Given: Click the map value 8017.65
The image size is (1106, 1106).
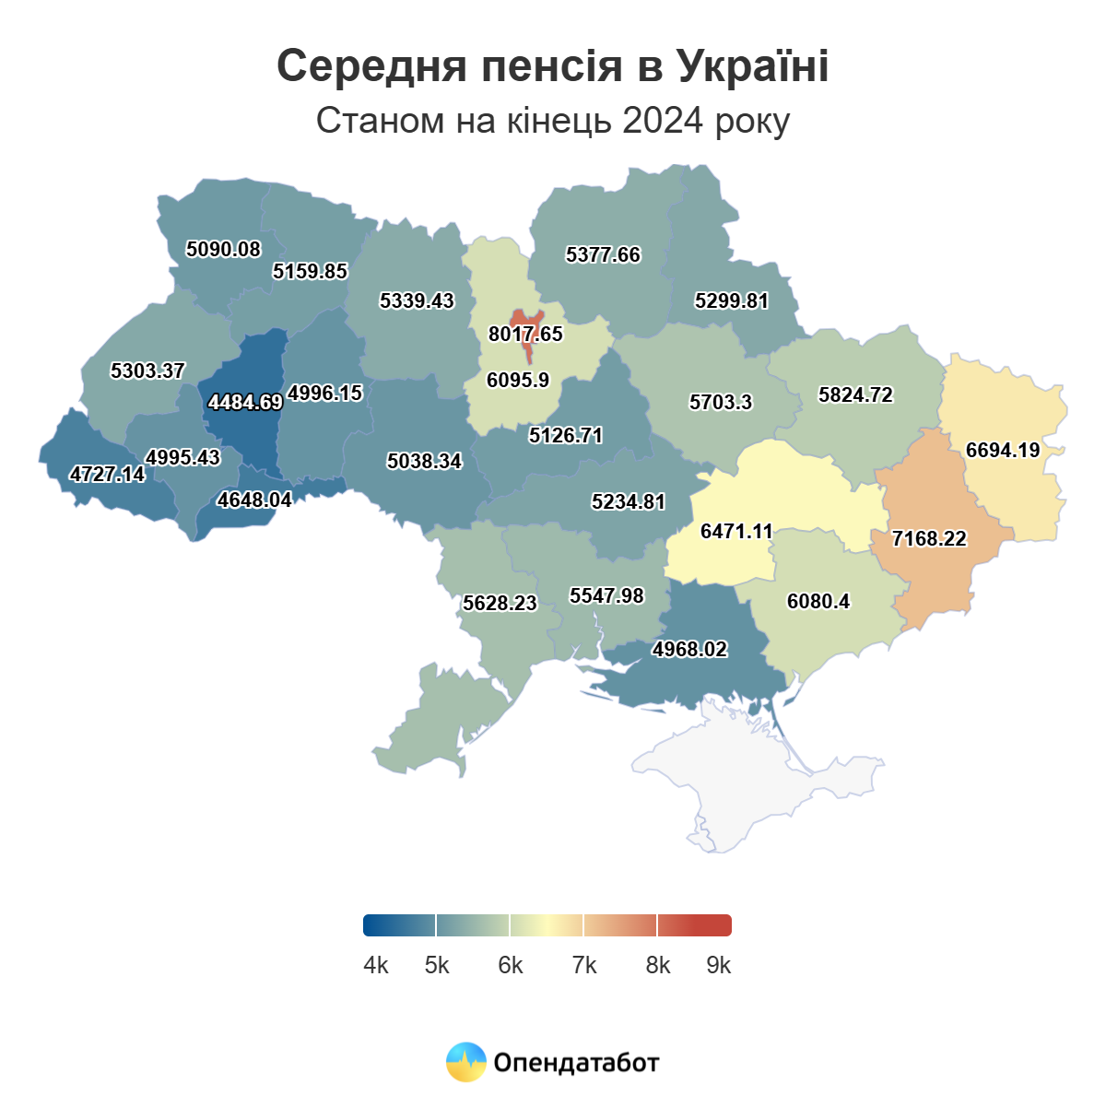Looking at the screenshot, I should (x=525, y=334).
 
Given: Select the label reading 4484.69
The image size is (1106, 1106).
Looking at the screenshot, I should (x=245, y=402).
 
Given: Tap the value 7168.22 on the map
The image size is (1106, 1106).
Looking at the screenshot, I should (x=929, y=538).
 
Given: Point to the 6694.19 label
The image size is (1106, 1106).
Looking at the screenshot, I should (x=1003, y=450).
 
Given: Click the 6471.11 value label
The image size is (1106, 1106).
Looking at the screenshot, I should (x=736, y=531).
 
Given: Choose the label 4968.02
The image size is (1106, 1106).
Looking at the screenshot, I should (x=689, y=649).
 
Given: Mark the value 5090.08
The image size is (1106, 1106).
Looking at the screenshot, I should (x=223, y=249).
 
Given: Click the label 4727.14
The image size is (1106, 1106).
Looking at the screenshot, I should (x=108, y=474).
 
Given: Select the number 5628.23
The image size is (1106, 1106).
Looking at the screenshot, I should (x=500, y=603).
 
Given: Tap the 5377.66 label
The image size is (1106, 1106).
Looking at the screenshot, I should (x=603, y=254).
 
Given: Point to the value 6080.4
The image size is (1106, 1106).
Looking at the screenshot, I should (x=818, y=601).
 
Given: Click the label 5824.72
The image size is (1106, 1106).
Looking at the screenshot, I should (x=855, y=394).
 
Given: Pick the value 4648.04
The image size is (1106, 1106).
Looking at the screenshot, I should (x=254, y=500).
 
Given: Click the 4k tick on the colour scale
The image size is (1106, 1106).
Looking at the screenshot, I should (x=376, y=965).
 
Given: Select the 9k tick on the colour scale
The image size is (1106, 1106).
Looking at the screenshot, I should (x=719, y=965).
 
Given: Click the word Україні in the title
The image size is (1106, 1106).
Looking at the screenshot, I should (x=752, y=66).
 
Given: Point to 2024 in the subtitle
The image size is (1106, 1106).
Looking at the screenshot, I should (x=664, y=121).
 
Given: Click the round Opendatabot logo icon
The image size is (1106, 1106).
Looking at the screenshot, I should (x=465, y=1062).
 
